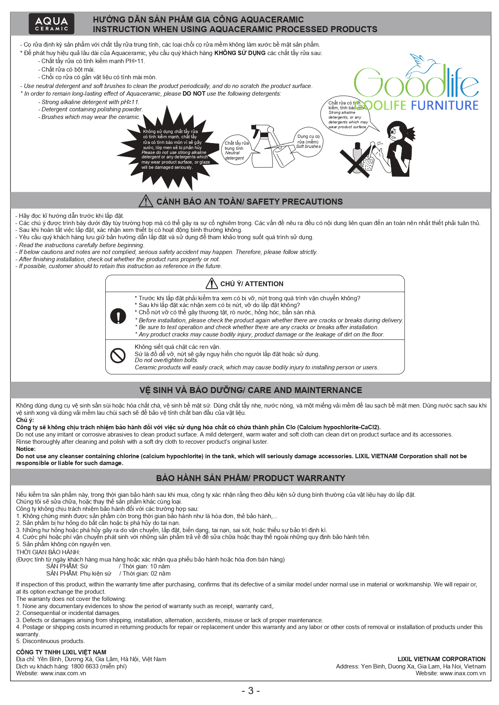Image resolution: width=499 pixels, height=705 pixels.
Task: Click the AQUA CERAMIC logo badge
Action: pos(51,24)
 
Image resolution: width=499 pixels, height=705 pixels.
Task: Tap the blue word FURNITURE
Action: pos(444,106)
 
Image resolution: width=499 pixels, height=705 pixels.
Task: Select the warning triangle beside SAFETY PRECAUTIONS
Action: pos(146,201)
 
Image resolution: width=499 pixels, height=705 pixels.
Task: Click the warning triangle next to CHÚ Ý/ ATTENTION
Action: pos(212,284)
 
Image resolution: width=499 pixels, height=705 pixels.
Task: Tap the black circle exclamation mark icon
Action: pos(118,316)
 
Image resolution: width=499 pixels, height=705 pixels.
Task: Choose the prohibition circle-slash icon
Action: pos(118,355)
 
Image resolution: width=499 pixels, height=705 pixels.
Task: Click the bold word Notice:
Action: pos(26,449)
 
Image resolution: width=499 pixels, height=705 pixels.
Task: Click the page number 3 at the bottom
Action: pos(251,691)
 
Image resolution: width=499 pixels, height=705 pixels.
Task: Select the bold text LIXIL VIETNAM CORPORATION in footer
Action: pos(441,659)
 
